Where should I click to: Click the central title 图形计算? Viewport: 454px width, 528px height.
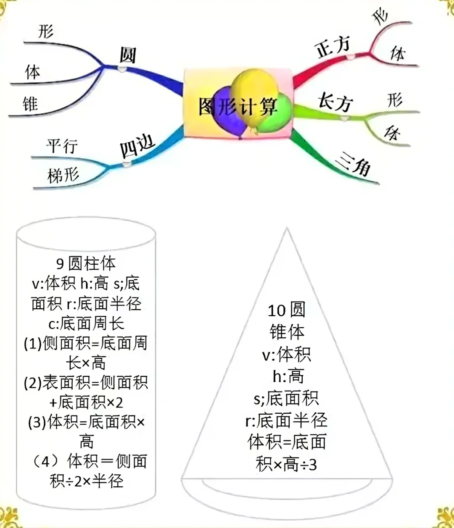[238, 107]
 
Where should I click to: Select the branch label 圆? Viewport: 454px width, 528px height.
[127, 55]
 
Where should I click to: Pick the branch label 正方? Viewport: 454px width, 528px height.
[333, 47]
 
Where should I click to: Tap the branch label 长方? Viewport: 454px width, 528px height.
[335, 102]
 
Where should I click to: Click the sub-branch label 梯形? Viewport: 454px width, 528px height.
[63, 175]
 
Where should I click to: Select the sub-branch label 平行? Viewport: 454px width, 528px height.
[62, 146]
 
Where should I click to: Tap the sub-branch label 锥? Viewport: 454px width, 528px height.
[30, 104]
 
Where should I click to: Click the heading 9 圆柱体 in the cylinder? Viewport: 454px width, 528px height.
[86, 264]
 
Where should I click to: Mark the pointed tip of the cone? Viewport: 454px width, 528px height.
[287, 229]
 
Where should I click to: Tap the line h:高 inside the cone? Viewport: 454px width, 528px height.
[288, 376]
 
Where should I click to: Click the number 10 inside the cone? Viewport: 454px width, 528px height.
[276, 311]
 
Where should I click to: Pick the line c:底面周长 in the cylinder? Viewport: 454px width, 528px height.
[86, 323]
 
